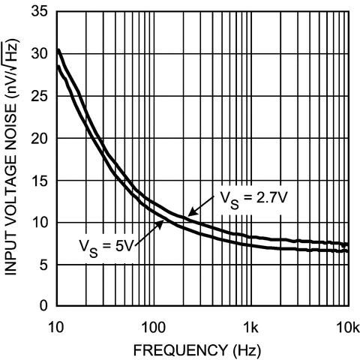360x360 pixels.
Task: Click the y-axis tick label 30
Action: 39,55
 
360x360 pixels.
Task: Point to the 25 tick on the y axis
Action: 39,97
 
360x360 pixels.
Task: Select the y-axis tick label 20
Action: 39,139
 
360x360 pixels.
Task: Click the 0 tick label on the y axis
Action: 43,306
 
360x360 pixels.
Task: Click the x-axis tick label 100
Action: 153,326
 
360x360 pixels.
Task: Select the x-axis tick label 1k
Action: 251,326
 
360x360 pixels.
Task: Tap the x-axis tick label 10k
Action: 348,326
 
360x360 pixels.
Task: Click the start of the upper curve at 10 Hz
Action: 58,50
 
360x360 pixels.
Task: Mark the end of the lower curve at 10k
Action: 348,251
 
